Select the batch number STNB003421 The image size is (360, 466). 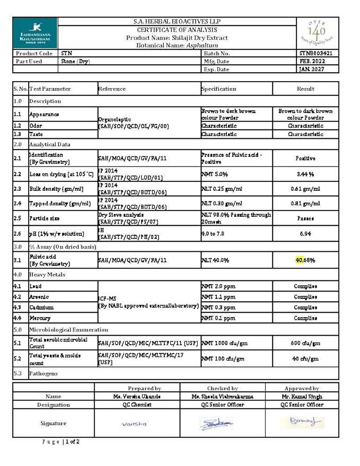click(316, 54)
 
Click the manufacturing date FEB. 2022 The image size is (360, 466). click(312, 61)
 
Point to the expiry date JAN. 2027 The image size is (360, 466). click(311, 69)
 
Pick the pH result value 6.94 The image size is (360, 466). click(305, 234)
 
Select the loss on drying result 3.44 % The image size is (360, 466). click(305, 174)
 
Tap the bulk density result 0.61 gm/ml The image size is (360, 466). click(305, 189)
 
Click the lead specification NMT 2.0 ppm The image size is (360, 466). click(218, 286)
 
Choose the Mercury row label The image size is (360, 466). click(40, 318)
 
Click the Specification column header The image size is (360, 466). click(218, 89)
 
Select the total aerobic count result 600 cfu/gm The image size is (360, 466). click(305, 343)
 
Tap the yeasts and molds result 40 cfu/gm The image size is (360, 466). click(305, 359)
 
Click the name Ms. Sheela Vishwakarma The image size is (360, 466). click(222, 397)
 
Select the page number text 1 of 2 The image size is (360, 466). click(72, 442)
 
